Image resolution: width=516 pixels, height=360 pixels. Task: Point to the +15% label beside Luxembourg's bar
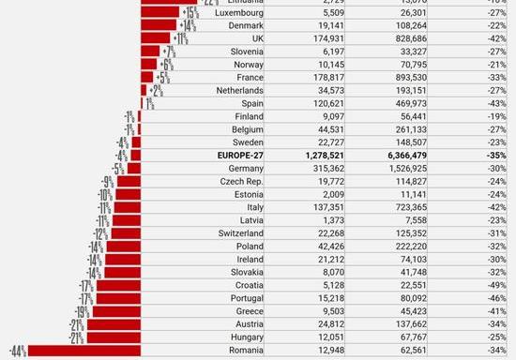coord(190,14)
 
